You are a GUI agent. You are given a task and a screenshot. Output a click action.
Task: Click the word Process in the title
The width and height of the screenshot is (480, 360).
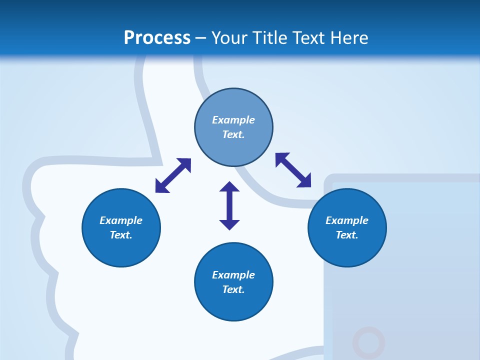[x=157, y=38]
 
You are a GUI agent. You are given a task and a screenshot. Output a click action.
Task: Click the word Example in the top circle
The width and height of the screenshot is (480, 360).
[x=233, y=120]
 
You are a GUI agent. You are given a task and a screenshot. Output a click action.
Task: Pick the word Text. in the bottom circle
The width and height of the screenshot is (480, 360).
[x=233, y=289]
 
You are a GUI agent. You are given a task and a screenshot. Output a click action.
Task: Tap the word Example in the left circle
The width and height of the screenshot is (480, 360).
[x=121, y=220]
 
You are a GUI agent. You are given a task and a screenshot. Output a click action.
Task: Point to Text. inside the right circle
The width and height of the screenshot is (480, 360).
[x=347, y=235]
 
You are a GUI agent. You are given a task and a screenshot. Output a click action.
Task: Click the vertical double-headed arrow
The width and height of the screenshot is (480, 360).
[x=229, y=205]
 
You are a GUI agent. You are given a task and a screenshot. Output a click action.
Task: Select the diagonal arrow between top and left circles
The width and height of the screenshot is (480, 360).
[x=173, y=175]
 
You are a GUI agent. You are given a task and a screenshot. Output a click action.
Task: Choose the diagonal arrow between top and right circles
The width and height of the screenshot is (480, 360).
[x=293, y=170]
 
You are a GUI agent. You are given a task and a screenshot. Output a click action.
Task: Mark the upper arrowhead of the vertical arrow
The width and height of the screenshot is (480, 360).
[x=229, y=187]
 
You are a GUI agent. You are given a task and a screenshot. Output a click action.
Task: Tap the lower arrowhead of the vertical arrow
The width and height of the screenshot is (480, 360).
[x=229, y=224]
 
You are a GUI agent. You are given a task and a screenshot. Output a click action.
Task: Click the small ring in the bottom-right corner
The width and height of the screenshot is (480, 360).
[x=368, y=343]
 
